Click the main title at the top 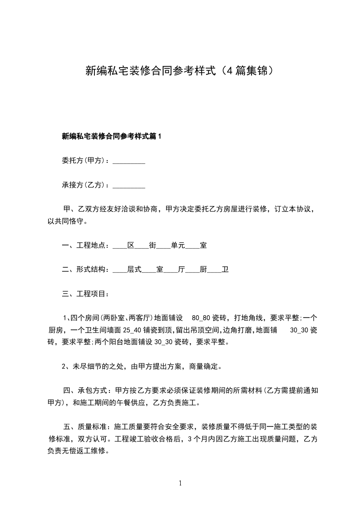point(180,71)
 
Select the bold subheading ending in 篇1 point(112,136)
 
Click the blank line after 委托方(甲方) point(128,161)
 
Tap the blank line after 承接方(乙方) point(128,186)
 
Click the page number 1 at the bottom point(180,483)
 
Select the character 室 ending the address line point(203,246)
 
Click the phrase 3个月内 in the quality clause point(202,439)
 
